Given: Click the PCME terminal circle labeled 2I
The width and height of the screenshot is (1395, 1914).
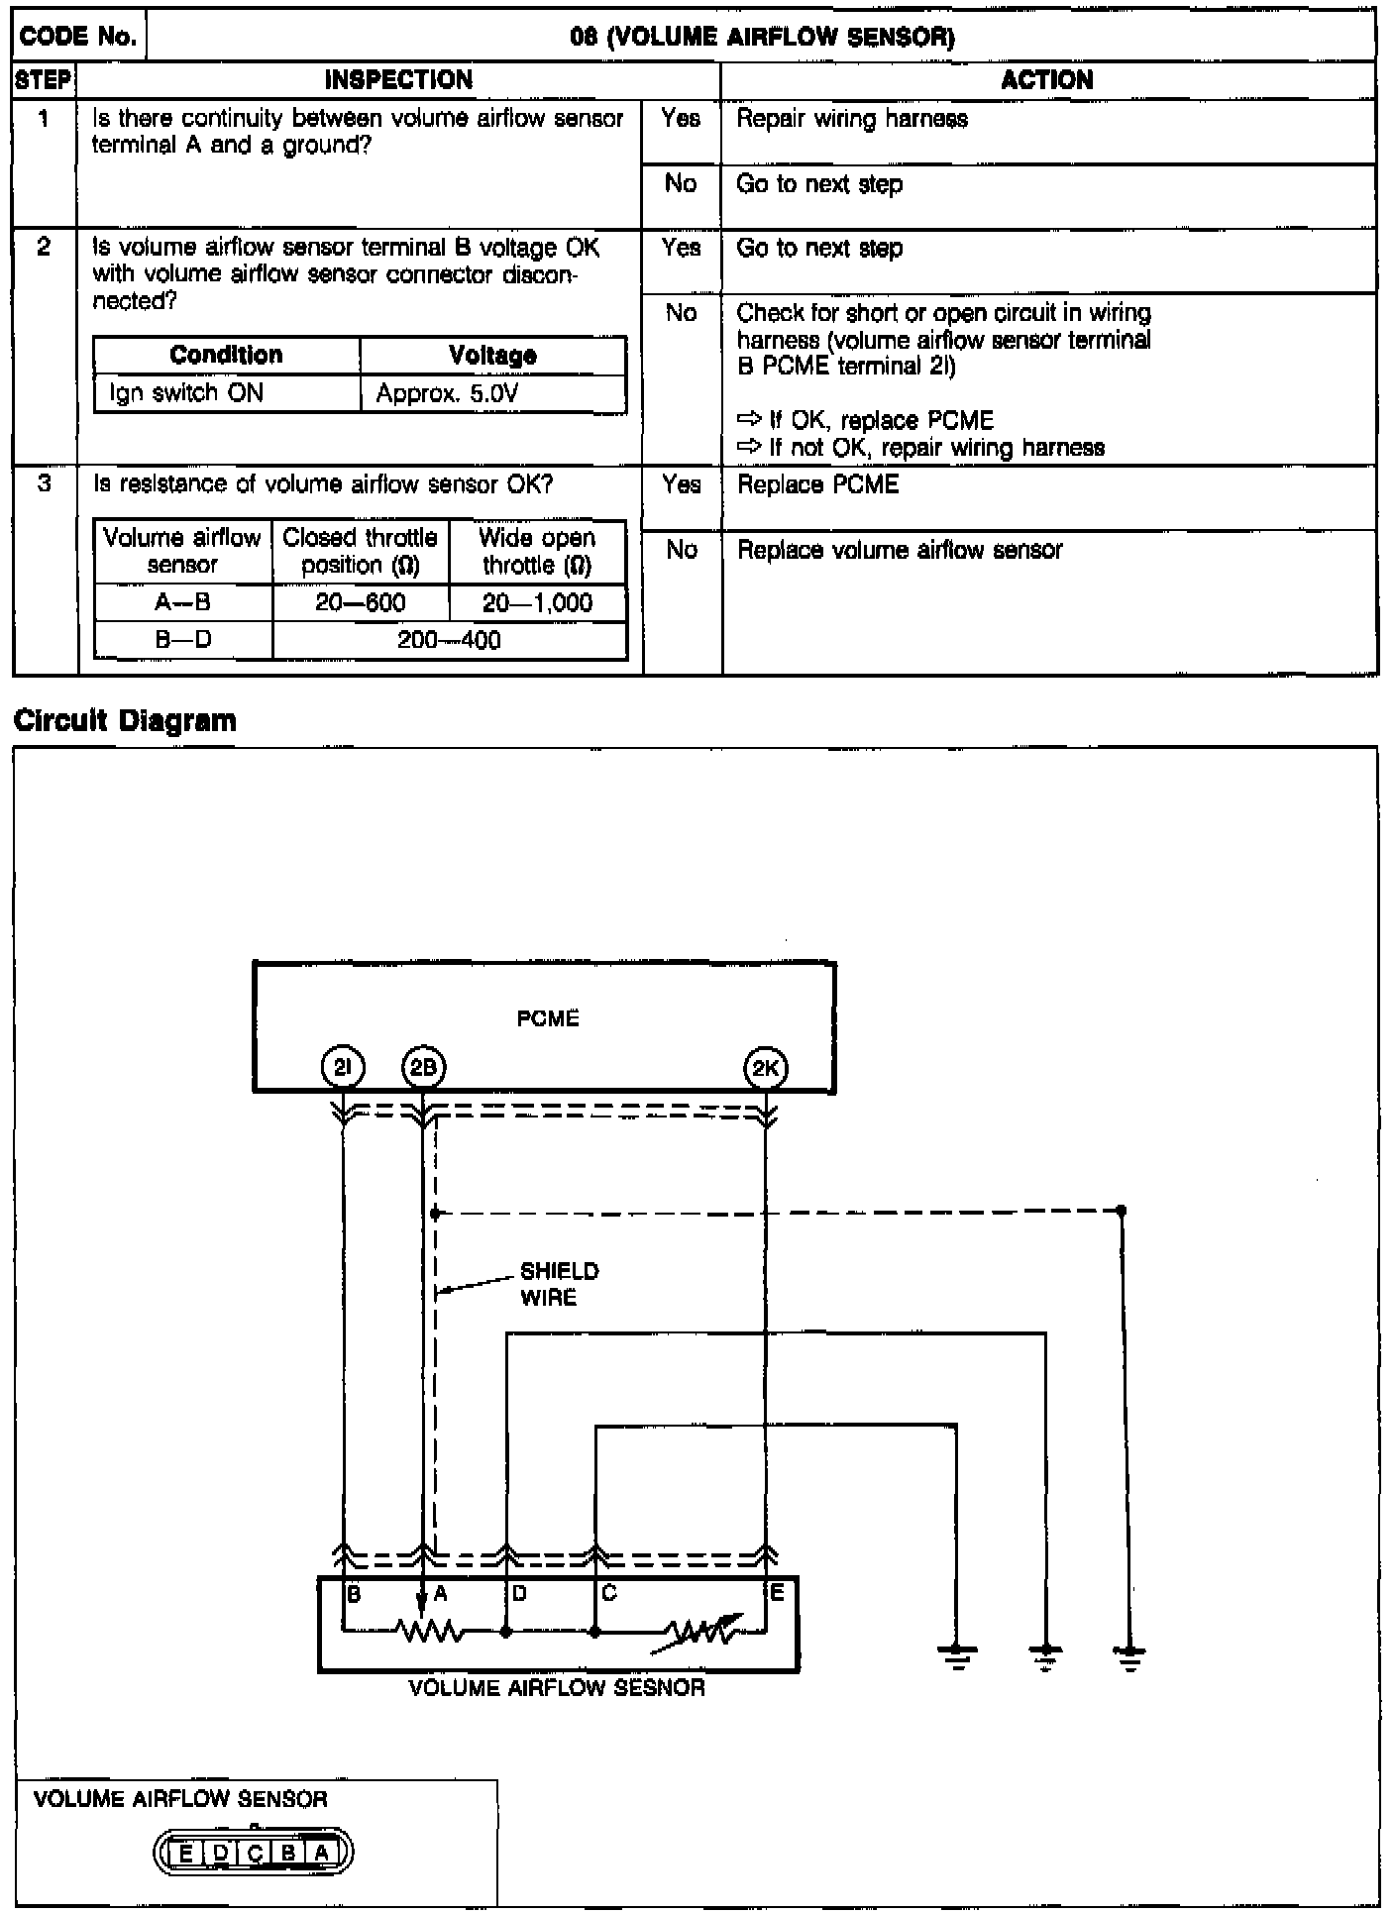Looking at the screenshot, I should coord(343,1068).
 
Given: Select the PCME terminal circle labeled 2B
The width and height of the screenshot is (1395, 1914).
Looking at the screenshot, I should coord(423,1068).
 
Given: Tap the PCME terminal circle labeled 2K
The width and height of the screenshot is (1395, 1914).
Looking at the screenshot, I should coord(765,1068).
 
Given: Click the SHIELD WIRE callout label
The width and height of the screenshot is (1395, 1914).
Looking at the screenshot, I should coord(559,1284).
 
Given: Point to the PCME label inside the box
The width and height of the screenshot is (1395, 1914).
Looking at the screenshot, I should coord(548,1018).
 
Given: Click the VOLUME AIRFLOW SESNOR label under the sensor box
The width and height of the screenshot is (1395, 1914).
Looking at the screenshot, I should coord(557,1687).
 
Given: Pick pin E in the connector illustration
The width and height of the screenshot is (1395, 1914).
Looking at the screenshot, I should coord(186,1852).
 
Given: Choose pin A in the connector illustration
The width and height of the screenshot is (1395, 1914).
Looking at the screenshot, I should coord(322,1852).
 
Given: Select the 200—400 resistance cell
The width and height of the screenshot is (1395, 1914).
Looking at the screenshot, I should coord(449,640).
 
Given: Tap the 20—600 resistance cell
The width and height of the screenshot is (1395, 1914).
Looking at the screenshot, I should coord(361,603).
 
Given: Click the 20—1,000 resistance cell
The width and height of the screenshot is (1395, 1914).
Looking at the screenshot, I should coord(537,603).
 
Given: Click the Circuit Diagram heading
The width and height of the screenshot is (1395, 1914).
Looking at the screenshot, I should coord(126,720).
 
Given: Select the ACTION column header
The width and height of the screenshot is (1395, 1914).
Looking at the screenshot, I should coord(1047,80).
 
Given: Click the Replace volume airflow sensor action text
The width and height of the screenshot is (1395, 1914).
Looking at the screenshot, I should coord(900,550).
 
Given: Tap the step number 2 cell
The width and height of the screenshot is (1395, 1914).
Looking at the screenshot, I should coord(44,248).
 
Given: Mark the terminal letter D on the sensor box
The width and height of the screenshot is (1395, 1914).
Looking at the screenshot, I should coord(519,1593).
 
